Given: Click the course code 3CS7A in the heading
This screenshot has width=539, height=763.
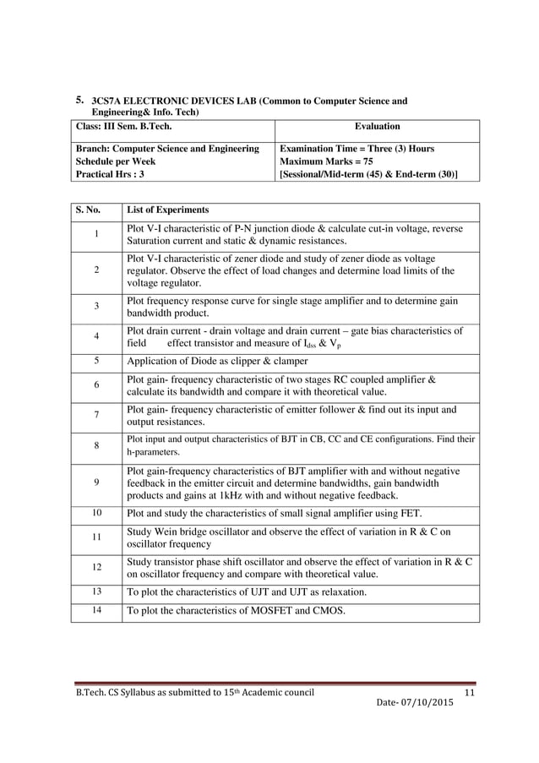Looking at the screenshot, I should pos(107,101).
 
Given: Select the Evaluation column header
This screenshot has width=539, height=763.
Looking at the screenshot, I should pos(377,126).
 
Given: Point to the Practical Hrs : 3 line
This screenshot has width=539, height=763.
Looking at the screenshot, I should pos(110,174).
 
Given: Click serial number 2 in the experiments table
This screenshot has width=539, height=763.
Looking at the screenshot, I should pos(96,270).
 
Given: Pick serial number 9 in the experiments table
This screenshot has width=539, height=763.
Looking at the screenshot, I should pos(96,482).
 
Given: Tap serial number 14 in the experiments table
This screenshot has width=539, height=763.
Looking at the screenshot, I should pos(96,609).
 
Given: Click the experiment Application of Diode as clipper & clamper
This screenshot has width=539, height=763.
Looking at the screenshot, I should pos(217,361).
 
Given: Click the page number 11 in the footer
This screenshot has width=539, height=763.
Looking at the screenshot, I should pos(471,694).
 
